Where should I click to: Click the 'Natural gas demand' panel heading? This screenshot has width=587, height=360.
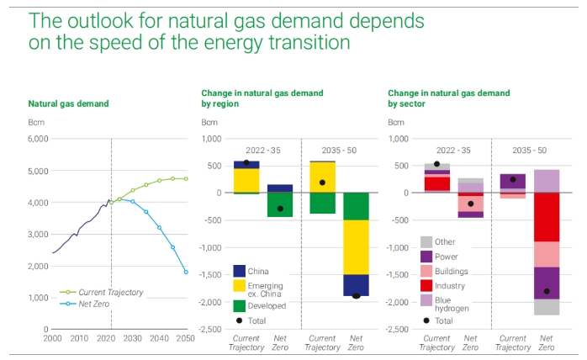click(x=68, y=103)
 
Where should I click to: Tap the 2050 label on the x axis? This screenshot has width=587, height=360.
click(x=186, y=337)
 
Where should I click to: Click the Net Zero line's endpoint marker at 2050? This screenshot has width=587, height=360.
click(x=186, y=272)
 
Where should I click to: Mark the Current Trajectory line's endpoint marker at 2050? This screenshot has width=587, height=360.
click(x=186, y=178)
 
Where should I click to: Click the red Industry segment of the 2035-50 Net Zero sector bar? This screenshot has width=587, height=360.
click(x=547, y=217)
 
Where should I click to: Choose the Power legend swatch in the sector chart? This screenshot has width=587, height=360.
click(x=427, y=256)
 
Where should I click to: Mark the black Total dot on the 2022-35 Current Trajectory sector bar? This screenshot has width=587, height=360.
click(x=436, y=164)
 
